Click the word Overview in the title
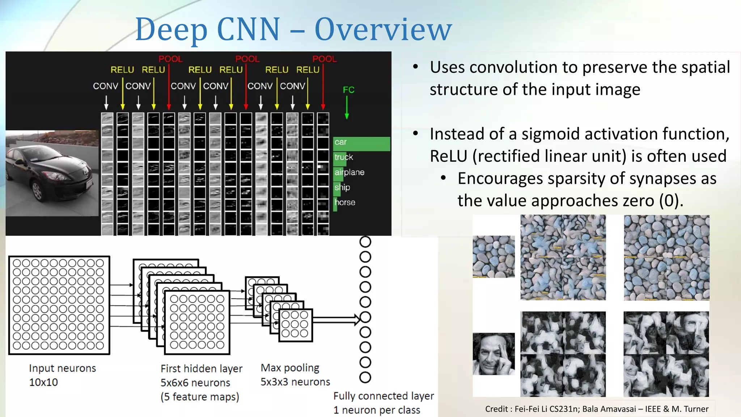coord(383,30)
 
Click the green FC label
coord(348,90)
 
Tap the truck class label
coord(343,157)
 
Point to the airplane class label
coord(349,172)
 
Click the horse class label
coord(345,202)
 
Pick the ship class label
coord(342,187)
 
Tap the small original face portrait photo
coord(494,354)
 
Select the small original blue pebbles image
coord(494,256)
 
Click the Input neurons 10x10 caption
coord(62,375)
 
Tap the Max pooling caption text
coord(290,368)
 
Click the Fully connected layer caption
coord(384,396)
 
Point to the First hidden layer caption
coord(202,369)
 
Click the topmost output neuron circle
coord(365,241)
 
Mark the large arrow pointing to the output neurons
coord(336,320)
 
